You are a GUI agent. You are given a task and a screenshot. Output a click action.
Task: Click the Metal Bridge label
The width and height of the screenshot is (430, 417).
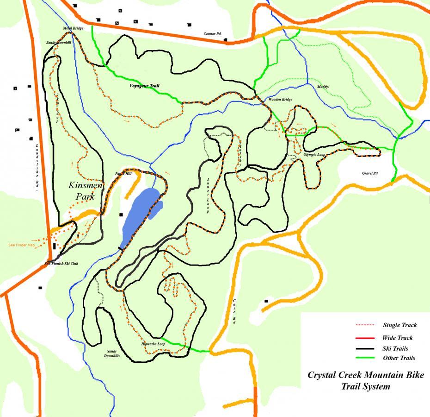(x=74, y=28)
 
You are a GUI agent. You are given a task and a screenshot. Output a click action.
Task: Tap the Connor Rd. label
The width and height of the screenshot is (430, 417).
(x=213, y=33)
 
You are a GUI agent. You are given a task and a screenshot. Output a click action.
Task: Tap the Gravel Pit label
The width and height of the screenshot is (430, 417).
(x=370, y=173)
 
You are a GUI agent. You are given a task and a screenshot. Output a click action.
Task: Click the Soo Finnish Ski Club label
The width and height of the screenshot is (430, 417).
(x=61, y=264)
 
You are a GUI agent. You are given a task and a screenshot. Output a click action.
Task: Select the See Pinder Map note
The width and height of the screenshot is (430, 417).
(x=21, y=245)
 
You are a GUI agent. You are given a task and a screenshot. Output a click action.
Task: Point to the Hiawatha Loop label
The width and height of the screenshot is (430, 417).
(x=153, y=344)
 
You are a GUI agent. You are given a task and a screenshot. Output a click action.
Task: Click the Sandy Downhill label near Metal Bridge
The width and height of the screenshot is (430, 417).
(x=59, y=43)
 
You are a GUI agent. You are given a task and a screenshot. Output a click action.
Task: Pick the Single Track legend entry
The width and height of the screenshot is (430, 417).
(x=400, y=325)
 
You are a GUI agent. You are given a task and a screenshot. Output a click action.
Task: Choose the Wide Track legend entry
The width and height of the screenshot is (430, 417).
(x=398, y=338)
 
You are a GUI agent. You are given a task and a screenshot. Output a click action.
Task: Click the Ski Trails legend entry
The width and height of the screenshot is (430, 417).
(x=395, y=348)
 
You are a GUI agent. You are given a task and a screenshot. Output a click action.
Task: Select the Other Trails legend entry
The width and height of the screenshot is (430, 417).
(x=399, y=358)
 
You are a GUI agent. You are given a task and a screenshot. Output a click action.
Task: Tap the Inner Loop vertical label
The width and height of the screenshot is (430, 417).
(x=209, y=195)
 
